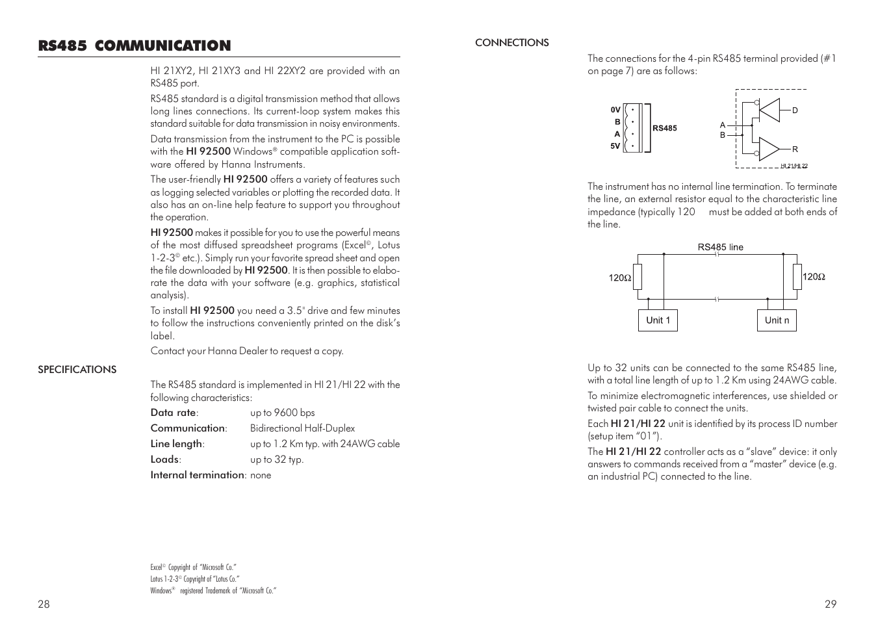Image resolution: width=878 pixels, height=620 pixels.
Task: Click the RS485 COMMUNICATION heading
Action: pos(134,45)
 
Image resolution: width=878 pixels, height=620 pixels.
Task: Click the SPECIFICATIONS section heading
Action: pos(77,369)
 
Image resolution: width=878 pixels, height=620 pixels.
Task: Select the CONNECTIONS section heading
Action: pos(511,43)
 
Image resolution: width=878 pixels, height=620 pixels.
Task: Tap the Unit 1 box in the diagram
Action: pos(658,320)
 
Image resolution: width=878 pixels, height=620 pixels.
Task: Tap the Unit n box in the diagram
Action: pos(777,320)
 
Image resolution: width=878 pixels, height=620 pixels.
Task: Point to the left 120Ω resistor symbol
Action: pos(637,278)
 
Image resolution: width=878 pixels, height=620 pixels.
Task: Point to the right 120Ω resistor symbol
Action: pos(797,278)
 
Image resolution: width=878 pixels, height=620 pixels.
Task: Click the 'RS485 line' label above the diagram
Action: pos(720,247)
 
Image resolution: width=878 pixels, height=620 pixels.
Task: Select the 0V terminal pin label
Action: pos(615,110)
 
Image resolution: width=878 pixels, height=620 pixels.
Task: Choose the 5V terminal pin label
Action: pos(615,146)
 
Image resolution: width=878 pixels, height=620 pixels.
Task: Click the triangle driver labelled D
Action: pos(770,110)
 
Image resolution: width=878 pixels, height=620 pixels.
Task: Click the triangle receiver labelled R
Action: pos(769,149)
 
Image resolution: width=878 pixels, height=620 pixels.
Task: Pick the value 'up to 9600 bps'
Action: pos(282,413)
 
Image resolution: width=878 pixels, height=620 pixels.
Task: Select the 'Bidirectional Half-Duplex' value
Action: pos(302,428)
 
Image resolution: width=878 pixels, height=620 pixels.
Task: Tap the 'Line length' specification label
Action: pos(177,444)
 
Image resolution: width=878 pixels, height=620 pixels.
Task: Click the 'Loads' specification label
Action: pos(165,459)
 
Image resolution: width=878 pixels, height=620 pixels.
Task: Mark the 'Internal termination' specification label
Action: pos(198,475)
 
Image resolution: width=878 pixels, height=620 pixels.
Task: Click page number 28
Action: pos(44,604)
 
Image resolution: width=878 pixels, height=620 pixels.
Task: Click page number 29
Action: pos(831,604)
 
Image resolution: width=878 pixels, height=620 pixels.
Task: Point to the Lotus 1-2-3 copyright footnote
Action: pos(194,579)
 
